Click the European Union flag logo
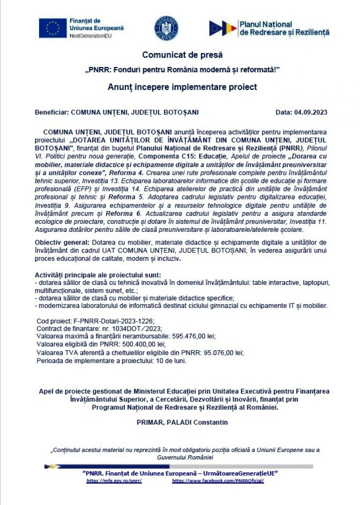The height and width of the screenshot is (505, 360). pyautogui.click(x=53, y=28)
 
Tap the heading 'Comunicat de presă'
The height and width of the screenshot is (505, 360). pyautogui.click(x=182, y=55)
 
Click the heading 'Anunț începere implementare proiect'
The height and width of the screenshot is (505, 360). pyautogui.click(x=182, y=87)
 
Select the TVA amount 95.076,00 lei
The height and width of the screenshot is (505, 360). pyautogui.click(x=223, y=352)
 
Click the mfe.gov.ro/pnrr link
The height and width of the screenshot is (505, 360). pyautogui.click(x=114, y=481)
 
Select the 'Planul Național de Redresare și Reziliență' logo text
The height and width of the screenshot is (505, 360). pyautogui.click(x=284, y=28)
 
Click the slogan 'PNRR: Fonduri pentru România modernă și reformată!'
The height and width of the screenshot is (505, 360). pyautogui.click(x=182, y=69)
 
